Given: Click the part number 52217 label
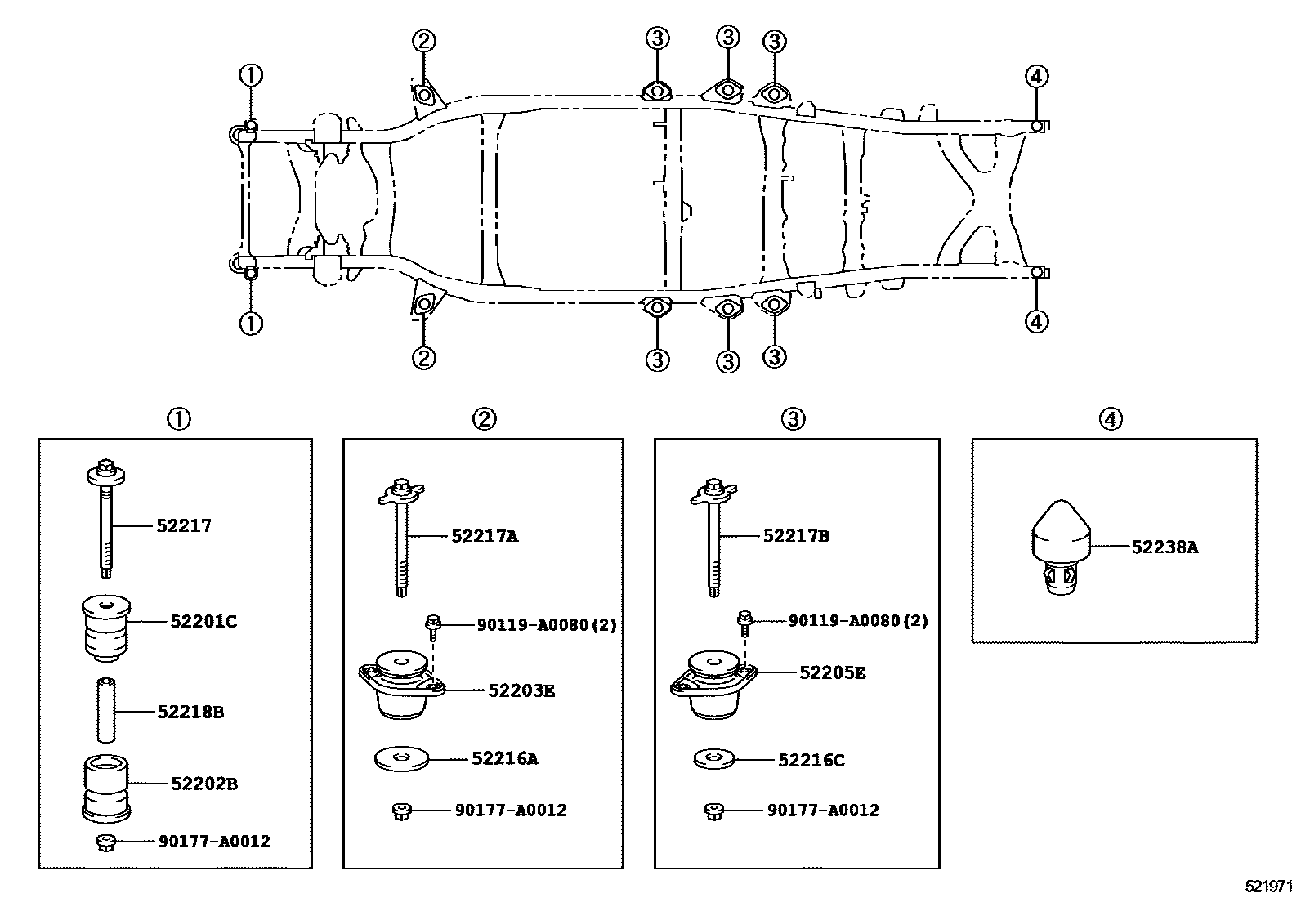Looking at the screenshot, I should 184,525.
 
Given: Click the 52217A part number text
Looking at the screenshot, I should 485,536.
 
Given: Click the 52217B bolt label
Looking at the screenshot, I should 796,536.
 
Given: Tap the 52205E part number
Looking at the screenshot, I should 832,672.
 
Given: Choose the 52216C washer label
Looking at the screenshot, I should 811,761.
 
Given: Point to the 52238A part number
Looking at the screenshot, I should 1165,547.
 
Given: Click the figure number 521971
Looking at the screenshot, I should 1269,887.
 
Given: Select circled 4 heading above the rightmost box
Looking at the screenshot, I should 1109,419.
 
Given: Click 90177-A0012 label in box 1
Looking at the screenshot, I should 213,841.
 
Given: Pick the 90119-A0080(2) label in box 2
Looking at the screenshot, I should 546,625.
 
